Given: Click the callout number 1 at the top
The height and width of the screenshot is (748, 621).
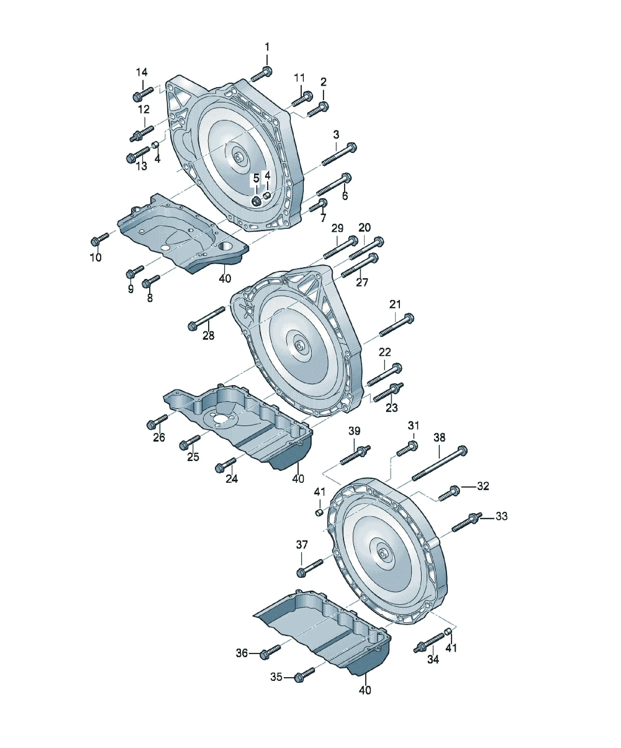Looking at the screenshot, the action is click(x=267, y=47).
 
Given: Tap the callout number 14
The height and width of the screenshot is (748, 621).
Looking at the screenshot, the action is click(x=142, y=72).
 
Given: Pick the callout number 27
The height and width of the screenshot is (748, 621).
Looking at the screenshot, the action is click(x=362, y=282).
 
